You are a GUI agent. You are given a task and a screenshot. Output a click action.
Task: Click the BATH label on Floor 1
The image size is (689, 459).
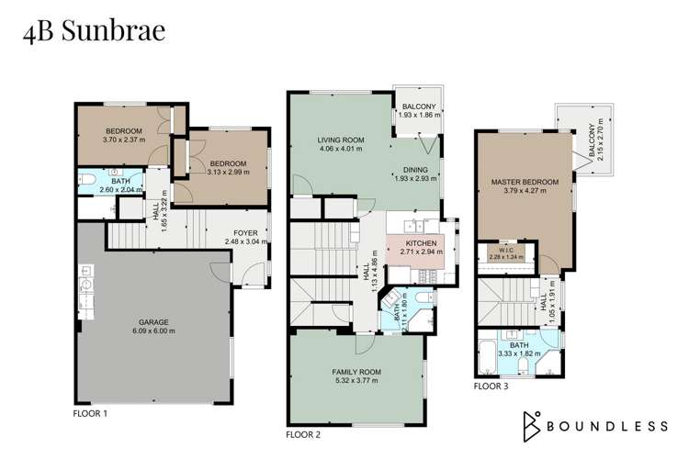[x=120, y=181]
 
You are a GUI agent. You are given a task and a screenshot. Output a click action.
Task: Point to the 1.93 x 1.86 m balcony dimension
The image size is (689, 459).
[x=419, y=116]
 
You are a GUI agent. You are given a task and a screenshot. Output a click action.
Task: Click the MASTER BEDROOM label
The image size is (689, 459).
[x=525, y=182]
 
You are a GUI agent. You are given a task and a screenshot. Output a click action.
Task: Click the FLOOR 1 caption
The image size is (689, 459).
[x=90, y=414]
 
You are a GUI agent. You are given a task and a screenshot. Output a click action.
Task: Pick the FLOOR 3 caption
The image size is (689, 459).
[x=491, y=386]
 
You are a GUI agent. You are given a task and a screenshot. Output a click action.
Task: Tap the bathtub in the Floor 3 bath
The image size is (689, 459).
[x=486, y=357]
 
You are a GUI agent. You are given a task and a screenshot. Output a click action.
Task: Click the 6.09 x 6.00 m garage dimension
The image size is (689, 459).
[x=154, y=331]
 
